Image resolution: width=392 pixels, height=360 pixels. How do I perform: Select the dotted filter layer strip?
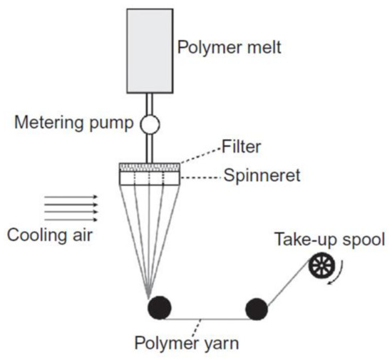coord(150,168)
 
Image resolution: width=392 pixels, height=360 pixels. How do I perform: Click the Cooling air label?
coord(55,234)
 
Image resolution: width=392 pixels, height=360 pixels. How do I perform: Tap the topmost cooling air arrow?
coord(71,195)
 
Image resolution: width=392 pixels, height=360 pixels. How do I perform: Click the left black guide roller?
coord(159,308)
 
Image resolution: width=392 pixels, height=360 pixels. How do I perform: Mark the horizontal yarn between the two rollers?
coord(207,318)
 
